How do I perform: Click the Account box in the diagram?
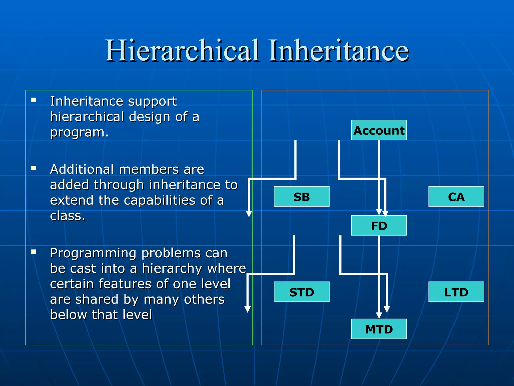[379, 130]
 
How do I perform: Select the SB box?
[301, 197]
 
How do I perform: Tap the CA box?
[456, 197]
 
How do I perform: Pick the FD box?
[379, 225]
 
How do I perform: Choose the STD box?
[301, 292]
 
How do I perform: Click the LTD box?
[456, 292]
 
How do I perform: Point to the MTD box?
[379, 329]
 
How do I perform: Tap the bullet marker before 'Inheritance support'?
[34, 100]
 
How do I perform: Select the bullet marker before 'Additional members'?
[34, 168]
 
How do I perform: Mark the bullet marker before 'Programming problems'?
[34, 252]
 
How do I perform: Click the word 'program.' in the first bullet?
[79, 132]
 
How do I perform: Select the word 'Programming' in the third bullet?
[93, 253]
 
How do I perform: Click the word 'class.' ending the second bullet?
[68, 216]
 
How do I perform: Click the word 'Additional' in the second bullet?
[82, 169]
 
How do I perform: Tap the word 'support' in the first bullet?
[152, 102]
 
